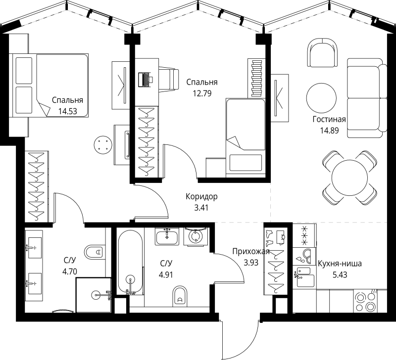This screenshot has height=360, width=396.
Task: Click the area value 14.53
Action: coord(67,112)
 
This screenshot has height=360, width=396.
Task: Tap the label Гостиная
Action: coord(329,119)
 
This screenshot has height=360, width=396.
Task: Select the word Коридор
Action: coord(201,196)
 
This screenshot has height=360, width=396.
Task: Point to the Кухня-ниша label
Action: coord(340,264)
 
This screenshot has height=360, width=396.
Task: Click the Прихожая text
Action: coord(251,251)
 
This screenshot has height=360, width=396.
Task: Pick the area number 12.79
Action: coord(201,93)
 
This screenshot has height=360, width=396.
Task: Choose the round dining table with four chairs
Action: coord(350,177)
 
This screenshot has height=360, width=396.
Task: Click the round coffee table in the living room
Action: coord(322,98)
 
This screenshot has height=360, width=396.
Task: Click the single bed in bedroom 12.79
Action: coord(246,134)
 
